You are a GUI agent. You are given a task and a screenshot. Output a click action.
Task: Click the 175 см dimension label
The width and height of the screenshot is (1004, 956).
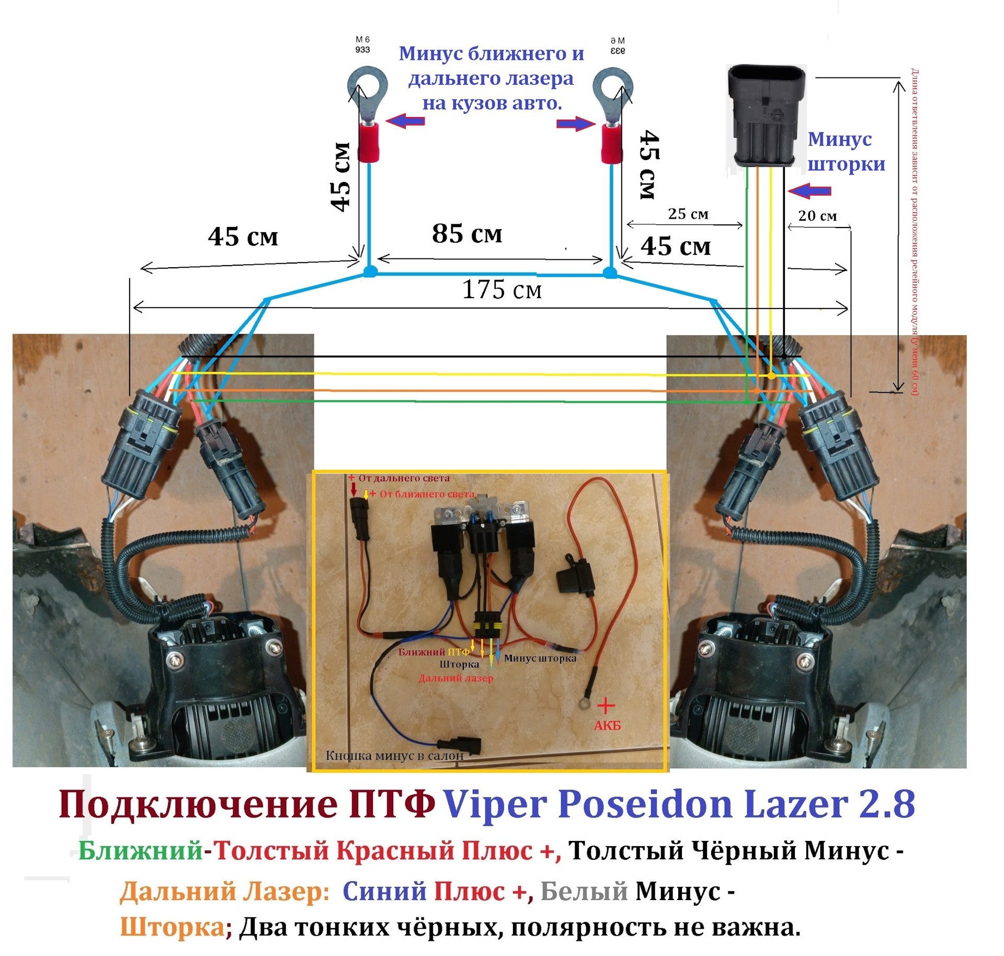click(x=501, y=290)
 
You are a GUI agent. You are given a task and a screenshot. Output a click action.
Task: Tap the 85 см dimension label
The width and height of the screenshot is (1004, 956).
click(x=466, y=233)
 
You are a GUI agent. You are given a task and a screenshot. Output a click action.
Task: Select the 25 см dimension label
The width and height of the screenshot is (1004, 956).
click(x=688, y=214)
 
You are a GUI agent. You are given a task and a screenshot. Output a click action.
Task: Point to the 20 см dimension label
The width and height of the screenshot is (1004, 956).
click(x=817, y=215)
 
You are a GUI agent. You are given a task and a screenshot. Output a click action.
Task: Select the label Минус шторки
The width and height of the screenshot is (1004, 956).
click(x=846, y=152)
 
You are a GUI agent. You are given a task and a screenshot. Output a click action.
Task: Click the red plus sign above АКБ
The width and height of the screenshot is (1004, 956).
click(x=606, y=705)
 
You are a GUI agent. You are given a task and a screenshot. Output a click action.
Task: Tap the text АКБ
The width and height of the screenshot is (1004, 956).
click(x=607, y=725)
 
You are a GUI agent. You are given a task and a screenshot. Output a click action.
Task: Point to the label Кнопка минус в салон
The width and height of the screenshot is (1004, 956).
click(x=394, y=755)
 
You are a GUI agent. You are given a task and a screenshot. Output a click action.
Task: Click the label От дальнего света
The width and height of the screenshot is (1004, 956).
click(x=403, y=478)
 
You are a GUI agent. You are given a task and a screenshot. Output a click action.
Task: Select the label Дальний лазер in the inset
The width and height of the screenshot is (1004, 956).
click(x=455, y=678)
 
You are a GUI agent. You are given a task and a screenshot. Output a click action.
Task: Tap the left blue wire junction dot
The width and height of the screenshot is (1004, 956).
click(x=370, y=271)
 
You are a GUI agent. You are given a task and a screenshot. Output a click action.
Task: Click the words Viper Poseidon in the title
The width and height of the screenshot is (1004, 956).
click(x=588, y=804)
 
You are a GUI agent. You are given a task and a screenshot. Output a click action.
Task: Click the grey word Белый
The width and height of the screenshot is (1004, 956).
click(x=584, y=891)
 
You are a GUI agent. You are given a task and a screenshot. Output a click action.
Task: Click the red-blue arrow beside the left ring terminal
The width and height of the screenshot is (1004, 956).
click(x=405, y=121)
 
